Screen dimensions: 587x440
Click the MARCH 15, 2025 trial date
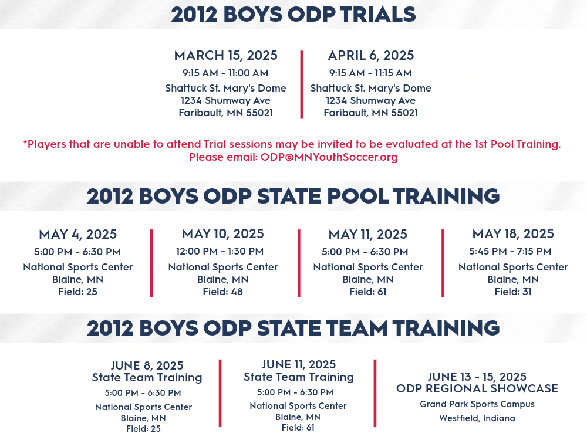coord(226,56)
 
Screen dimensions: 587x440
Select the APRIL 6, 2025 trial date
coord(371,56)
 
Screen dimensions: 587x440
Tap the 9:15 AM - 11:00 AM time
coord(225,73)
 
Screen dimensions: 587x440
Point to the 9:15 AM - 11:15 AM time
coord(370,73)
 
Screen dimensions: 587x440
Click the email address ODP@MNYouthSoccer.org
coord(329,157)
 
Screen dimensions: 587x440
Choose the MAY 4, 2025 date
coord(78,235)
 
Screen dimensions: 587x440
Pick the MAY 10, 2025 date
coord(222,234)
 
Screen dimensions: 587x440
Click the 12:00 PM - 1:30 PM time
coord(220,252)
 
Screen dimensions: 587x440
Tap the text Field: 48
coord(222,292)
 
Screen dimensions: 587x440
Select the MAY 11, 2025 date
coord(367,235)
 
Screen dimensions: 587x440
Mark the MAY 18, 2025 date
coord(513,234)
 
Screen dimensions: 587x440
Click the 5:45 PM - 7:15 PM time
coord(510,252)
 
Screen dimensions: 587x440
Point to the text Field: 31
coord(513,292)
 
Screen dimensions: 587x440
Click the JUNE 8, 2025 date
coord(147,365)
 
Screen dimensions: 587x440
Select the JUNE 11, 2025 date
coord(299,364)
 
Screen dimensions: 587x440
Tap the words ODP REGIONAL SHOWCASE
coord(477,389)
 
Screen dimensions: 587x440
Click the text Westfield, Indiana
coord(477,418)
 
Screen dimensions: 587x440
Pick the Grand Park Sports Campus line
coord(477,404)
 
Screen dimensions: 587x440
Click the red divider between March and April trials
coord(301,84)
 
